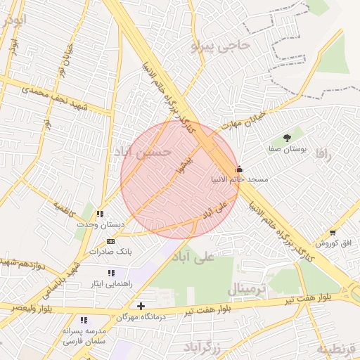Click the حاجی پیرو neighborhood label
click(x=220, y=46)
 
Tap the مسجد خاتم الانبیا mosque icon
click(x=239, y=169)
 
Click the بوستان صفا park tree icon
click(x=286, y=137)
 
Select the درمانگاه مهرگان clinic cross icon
click(x=141, y=306)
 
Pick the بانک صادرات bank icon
click(x=111, y=240)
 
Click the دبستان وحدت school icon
click(x=101, y=214)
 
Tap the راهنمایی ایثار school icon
click(x=111, y=272)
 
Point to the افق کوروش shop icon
click(x=333, y=232)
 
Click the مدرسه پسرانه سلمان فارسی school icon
click(x=84, y=319)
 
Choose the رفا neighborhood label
click(x=323, y=154)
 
